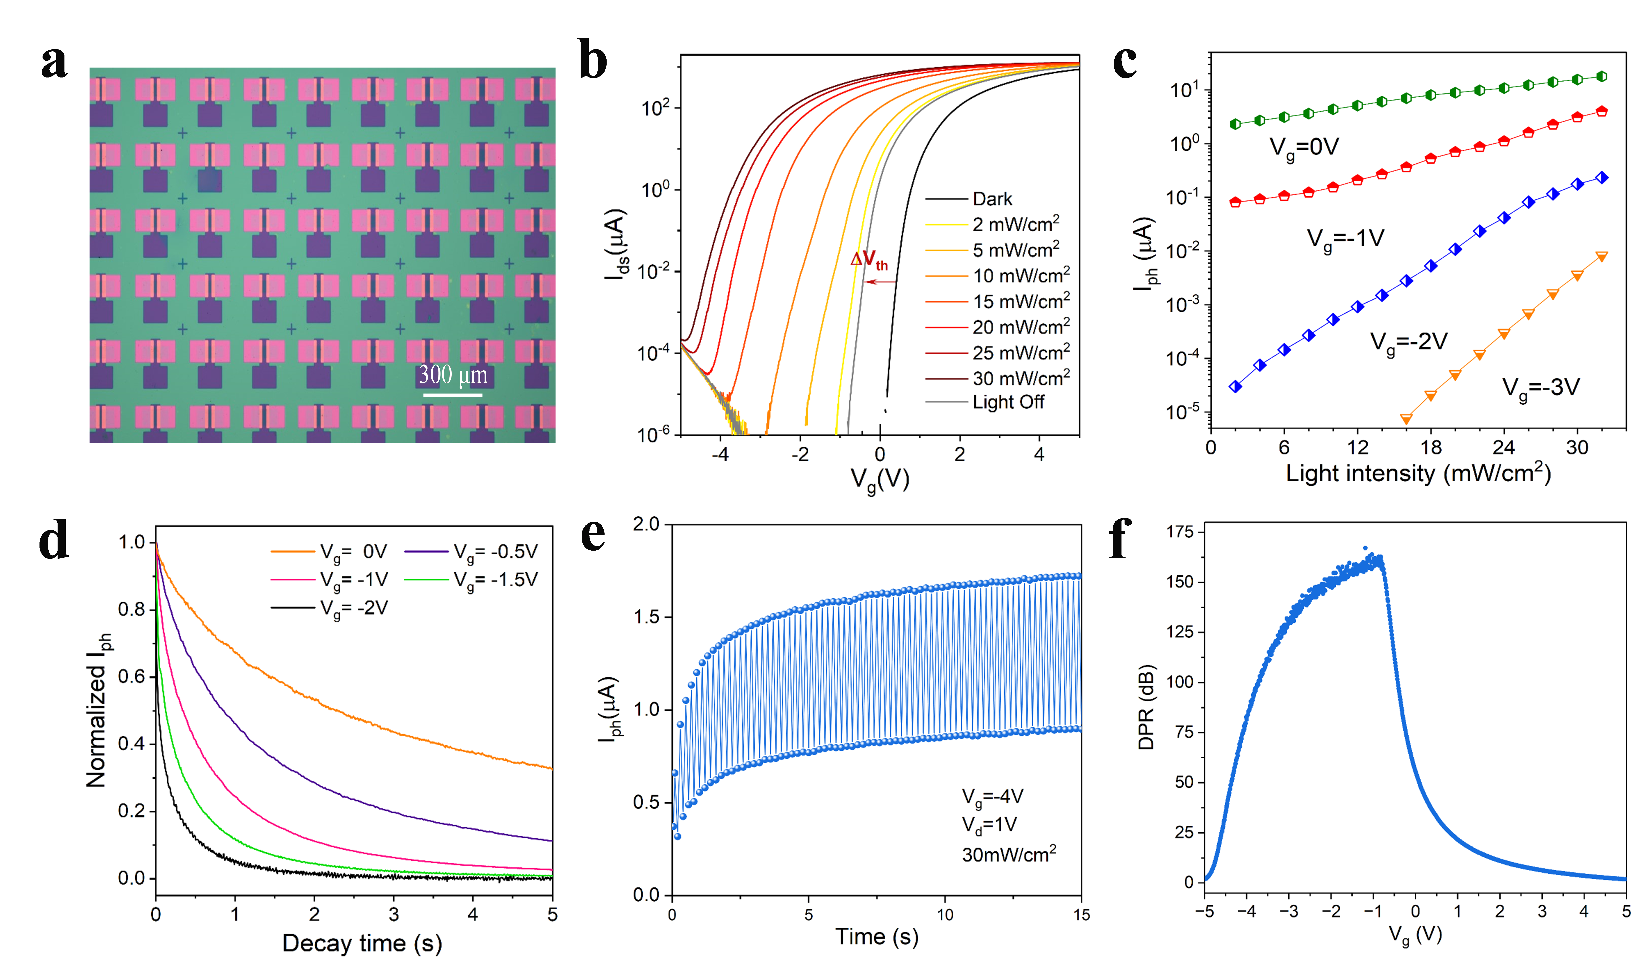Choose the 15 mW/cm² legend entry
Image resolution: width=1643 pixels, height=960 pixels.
[1020, 301]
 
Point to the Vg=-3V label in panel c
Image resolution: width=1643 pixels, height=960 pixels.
[1541, 388]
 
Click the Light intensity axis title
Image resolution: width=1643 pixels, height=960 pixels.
[1418, 473]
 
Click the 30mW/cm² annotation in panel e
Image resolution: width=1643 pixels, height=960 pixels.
[1009, 854]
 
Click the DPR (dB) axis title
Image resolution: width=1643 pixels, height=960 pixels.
[1145, 708]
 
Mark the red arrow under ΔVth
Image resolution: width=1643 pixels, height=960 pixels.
[880, 282]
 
